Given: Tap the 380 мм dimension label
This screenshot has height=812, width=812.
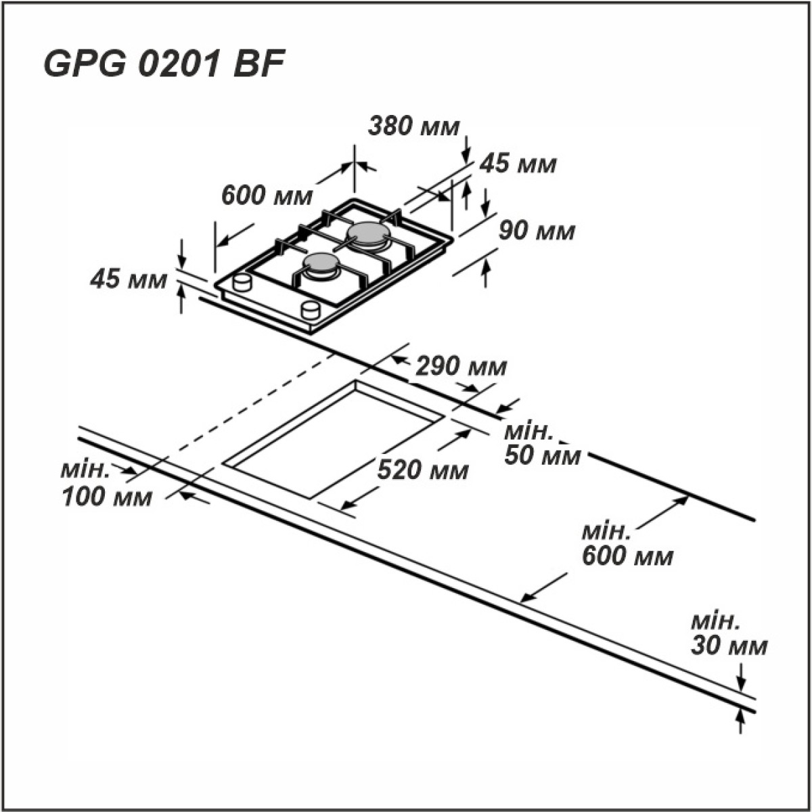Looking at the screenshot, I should click(414, 126).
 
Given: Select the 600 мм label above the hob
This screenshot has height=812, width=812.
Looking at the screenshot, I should click(267, 196).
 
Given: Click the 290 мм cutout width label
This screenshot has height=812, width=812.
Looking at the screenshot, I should click(461, 367).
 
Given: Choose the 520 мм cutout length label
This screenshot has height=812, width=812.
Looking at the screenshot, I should click(423, 469).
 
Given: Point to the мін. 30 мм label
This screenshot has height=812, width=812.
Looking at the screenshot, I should click(729, 634).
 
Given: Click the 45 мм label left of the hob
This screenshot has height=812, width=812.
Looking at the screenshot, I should click(129, 279).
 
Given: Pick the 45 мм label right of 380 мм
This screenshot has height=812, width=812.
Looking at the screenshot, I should click(518, 164).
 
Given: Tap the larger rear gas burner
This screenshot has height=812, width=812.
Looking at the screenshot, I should click(369, 233).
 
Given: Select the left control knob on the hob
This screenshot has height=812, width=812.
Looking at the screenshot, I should click(242, 281).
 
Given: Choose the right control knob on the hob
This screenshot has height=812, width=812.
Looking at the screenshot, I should click(311, 309).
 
